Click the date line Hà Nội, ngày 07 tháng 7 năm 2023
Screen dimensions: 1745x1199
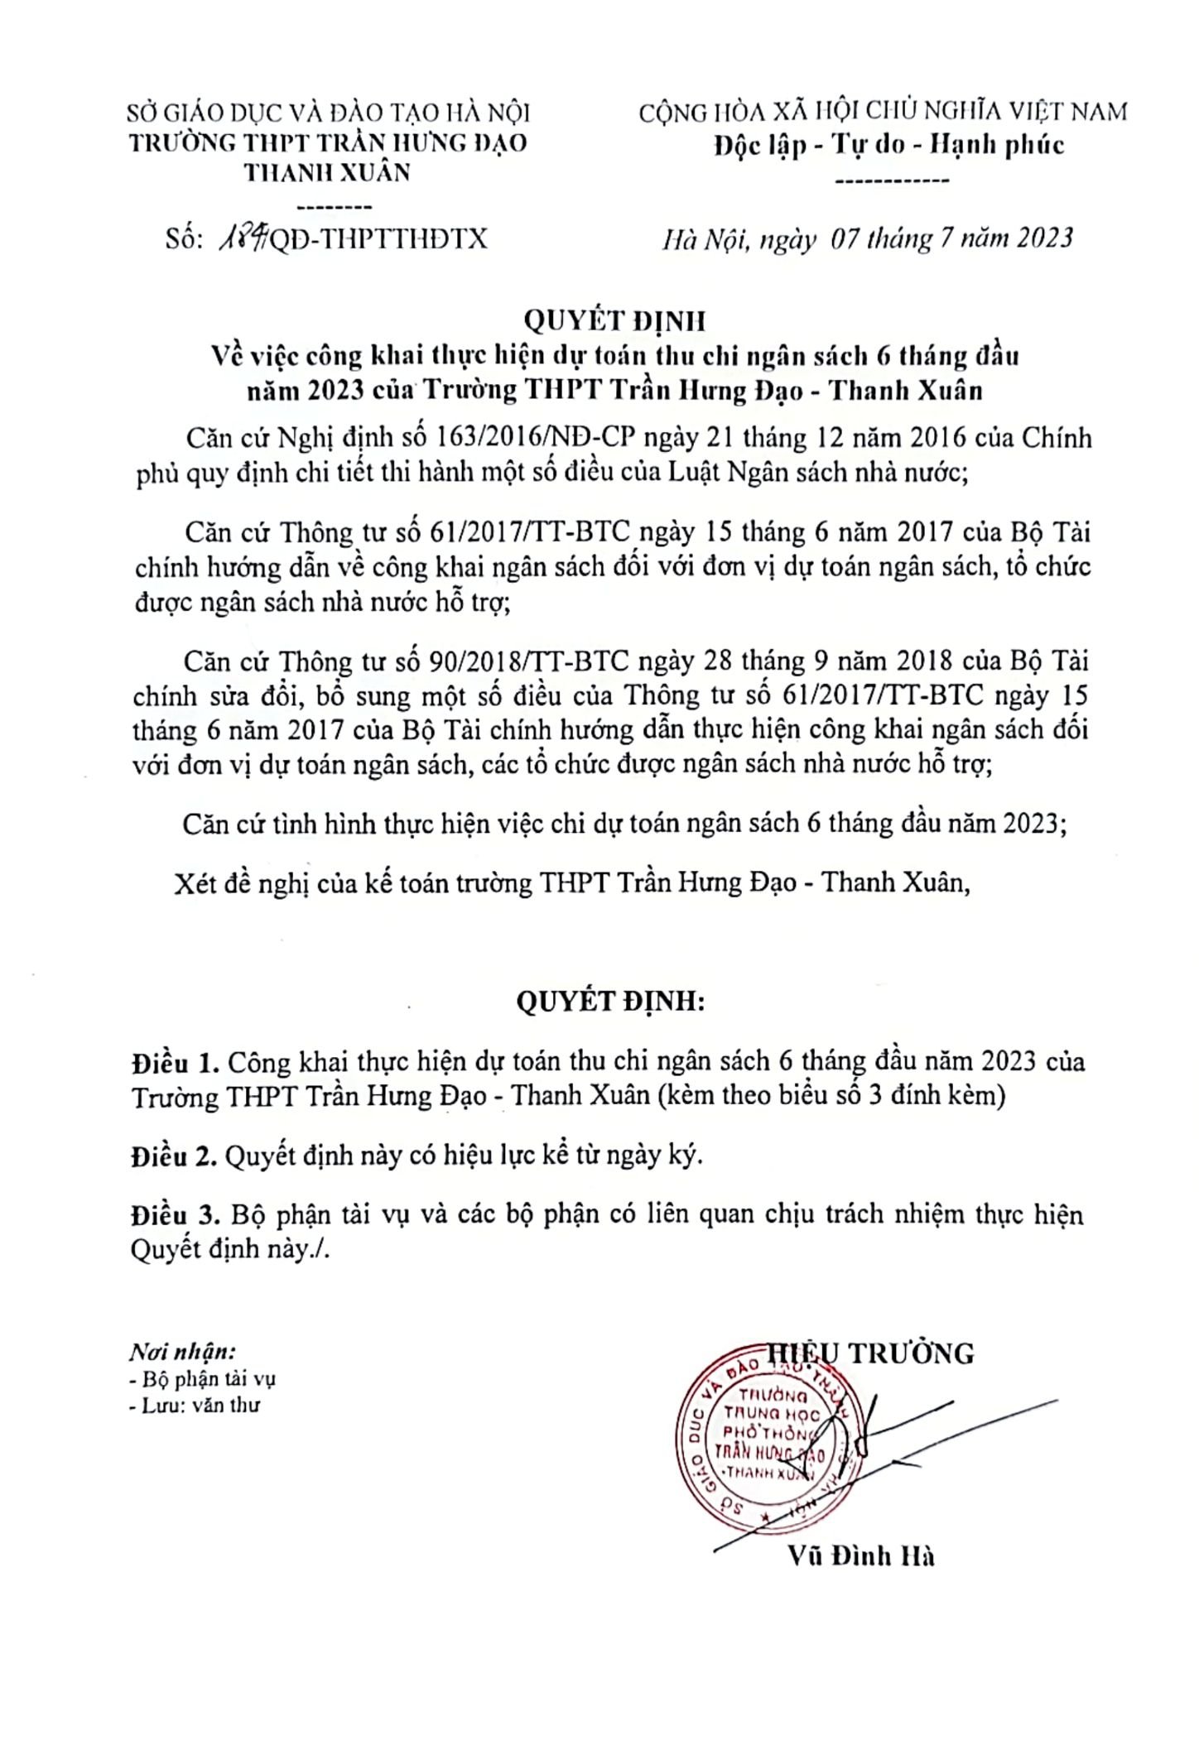tap(867, 238)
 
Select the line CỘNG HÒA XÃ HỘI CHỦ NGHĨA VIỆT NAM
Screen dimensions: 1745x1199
tap(883, 111)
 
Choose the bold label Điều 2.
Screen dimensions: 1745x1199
tap(174, 1156)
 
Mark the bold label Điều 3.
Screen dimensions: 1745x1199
tap(174, 1215)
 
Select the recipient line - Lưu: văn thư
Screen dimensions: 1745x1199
tap(195, 1405)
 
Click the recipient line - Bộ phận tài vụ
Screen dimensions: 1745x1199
tap(203, 1379)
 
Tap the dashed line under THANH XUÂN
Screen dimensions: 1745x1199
tap(334, 207)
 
